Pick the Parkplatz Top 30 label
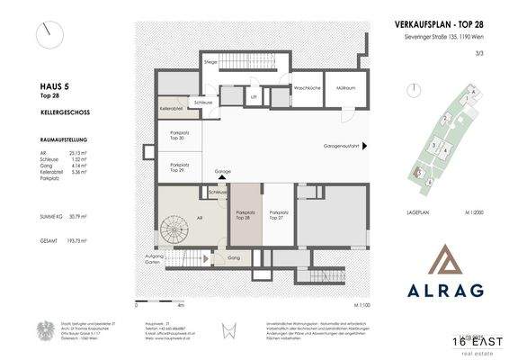(179, 136)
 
